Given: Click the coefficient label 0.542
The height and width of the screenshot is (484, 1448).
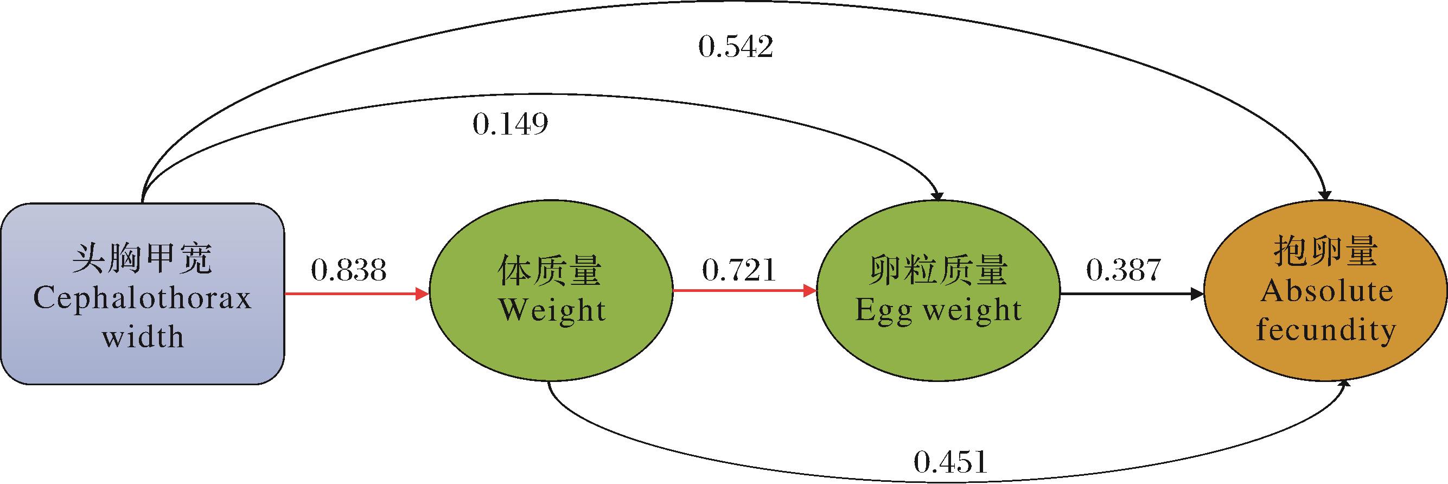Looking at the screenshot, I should (735, 47).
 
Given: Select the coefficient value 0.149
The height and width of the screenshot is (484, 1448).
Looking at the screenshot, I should (510, 124).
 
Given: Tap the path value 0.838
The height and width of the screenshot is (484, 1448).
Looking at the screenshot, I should (348, 270).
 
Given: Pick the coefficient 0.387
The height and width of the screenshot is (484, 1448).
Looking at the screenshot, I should (1122, 270).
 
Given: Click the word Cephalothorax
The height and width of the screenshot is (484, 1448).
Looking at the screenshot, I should (142, 298).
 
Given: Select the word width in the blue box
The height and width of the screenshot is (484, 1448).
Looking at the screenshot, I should (143, 337).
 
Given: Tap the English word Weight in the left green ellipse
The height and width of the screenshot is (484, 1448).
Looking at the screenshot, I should (552, 310).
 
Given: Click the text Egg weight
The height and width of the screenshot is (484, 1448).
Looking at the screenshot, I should (937, 310).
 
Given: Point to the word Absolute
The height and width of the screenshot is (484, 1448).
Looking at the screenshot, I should (1326, 291).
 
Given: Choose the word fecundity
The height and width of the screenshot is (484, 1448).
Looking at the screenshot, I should (1326, 329).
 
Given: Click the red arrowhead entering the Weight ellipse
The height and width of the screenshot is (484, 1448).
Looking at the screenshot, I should (422, 293).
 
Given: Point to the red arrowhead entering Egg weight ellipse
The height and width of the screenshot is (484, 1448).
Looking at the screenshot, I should (809, 291).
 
